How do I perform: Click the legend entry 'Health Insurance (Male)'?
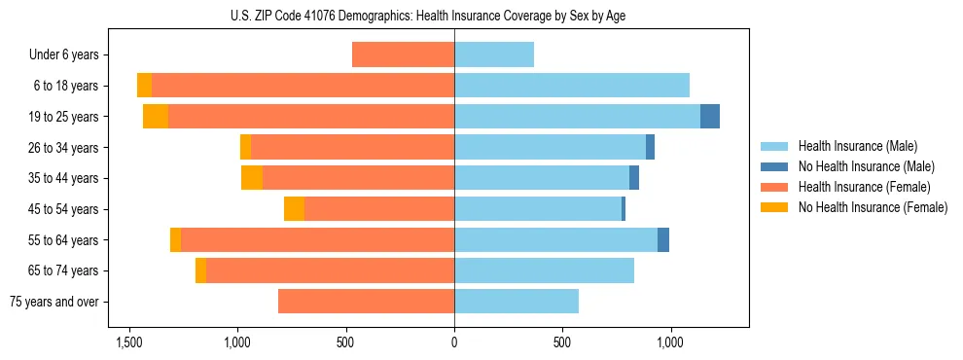(857, 146)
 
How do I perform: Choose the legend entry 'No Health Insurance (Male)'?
(866, 166)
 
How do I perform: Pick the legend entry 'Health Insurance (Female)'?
(864, 187)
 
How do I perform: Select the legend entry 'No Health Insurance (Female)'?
(873, 207)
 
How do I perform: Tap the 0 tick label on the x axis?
(454, 343)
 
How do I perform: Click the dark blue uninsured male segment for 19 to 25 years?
(710, 116)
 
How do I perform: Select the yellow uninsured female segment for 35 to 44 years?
(252, 178)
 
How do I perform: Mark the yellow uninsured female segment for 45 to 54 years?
(294, 209)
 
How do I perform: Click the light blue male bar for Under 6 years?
(494, 54)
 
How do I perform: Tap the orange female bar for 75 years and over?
(366, 302)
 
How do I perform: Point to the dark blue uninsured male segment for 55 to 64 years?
(663, 239)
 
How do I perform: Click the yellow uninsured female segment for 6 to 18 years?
(144, 86)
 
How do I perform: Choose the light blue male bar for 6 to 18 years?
(572, 86)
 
